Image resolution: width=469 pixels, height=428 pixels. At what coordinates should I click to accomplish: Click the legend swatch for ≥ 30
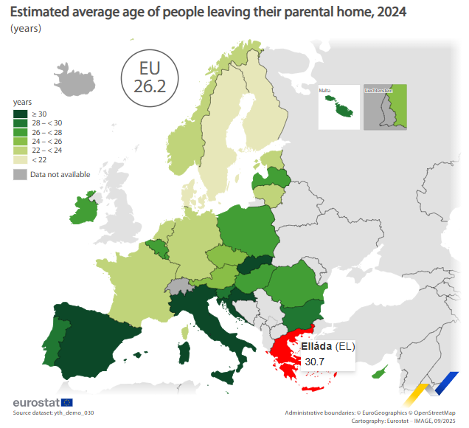click(20, 114)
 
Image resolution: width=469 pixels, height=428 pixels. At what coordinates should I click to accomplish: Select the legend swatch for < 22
click(20, 159)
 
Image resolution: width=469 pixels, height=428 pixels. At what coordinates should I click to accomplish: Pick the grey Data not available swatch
click(20, 175)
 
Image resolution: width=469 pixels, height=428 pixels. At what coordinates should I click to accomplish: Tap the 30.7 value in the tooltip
click(313, 362)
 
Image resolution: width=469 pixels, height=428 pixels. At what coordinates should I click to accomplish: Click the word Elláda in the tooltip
click(316, 346)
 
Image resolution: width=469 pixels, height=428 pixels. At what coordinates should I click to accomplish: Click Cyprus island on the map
click(381, 373)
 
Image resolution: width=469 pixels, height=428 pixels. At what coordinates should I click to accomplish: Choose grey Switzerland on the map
click(178, 287)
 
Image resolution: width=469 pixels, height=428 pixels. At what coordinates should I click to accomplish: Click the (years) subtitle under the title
click(26, 29)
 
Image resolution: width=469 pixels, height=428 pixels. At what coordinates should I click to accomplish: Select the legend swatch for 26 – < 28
click(20, 131)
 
